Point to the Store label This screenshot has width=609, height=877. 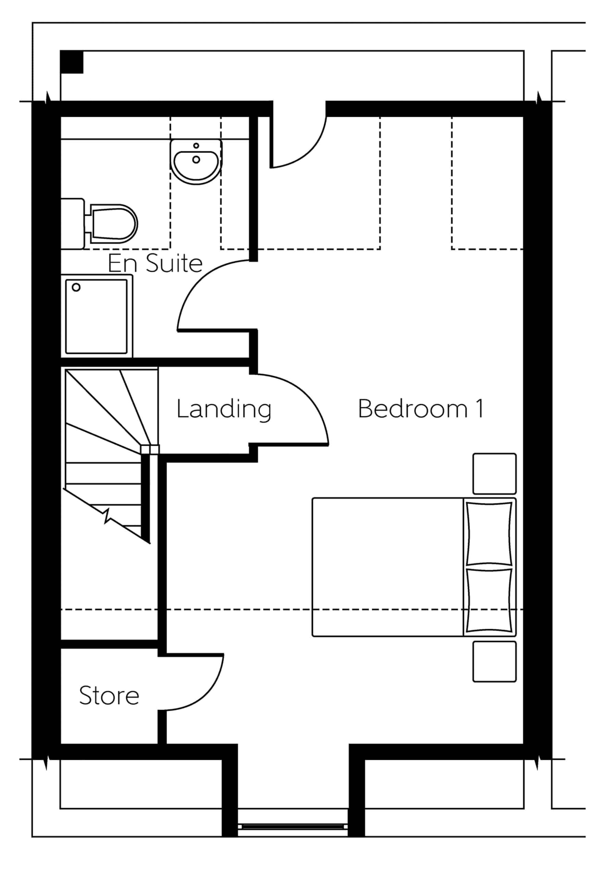coord(109,695)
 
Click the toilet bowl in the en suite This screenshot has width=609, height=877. coord(114,224)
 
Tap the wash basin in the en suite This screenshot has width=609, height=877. coord(196,162)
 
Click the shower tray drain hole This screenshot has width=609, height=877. coord(76,287)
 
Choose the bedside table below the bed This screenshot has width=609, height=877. coord(495,662)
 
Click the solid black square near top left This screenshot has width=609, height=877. coord(72,62)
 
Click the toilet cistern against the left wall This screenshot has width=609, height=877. coord(73,224)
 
